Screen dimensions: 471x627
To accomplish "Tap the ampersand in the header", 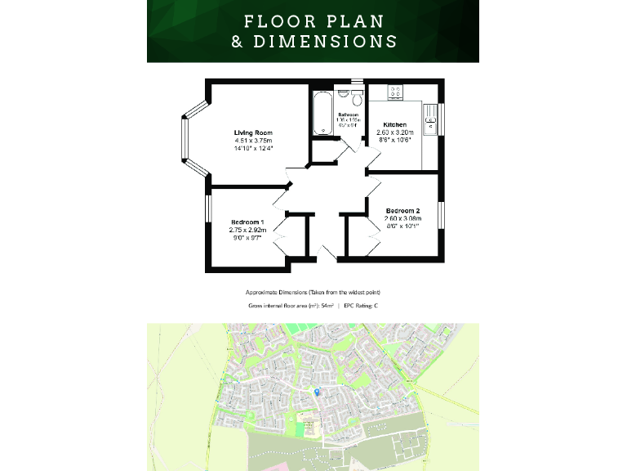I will (x=237, y=41).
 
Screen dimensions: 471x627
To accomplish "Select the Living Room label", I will (x=253, y=132).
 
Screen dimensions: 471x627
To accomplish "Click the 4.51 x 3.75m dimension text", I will (x=253, y=141).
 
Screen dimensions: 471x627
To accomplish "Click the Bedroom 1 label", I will (x=247, y=222).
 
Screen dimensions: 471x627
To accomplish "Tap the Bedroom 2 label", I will (x=402, y=210).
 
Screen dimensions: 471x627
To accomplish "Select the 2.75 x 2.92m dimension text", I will (x=247, y=230).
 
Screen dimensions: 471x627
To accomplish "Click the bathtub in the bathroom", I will (x=319, y=114).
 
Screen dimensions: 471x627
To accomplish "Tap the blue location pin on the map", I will (x=318, y=393).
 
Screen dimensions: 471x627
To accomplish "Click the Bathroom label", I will (x=349, y=114).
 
